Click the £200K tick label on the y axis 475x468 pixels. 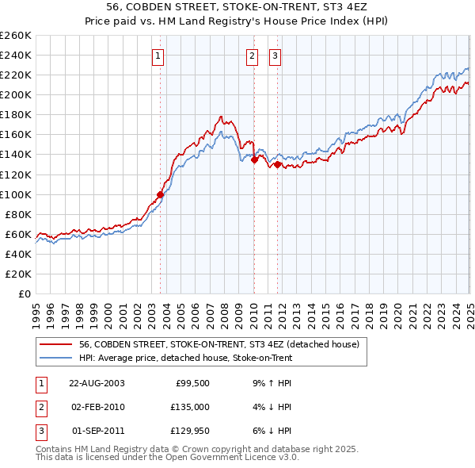16,94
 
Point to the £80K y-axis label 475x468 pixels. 18,214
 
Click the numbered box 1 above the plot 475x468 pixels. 159,56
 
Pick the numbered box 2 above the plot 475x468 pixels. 252,56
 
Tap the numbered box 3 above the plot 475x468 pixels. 275,56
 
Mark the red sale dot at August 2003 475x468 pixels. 161,194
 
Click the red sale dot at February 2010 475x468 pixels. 254,159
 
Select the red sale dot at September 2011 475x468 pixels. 277,164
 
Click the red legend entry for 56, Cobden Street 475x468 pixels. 219,344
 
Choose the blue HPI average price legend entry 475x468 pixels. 185,358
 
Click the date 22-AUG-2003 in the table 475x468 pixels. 97,382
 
